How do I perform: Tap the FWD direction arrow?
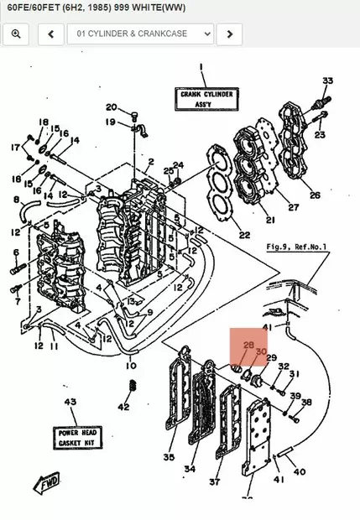tap(45, 483)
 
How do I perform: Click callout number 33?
tap(327, 81)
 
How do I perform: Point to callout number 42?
tap(123, 408)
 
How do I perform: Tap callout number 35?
tap(169, 458)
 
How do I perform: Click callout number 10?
tap(131, 366)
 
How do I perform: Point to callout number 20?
tap(112, 107)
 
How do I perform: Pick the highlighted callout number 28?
tap(248, 346)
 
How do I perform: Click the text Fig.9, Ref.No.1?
tap(296, 247)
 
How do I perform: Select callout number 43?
tap(70, 403)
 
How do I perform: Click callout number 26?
tap(315, 195)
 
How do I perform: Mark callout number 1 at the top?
tap(201, 66)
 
